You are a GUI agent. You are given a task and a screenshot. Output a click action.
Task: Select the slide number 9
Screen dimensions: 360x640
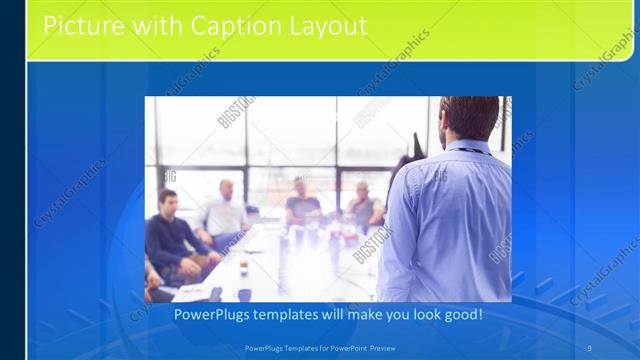pos(590,347)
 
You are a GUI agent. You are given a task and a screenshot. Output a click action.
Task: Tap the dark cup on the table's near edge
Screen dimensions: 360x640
pos(243,295)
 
